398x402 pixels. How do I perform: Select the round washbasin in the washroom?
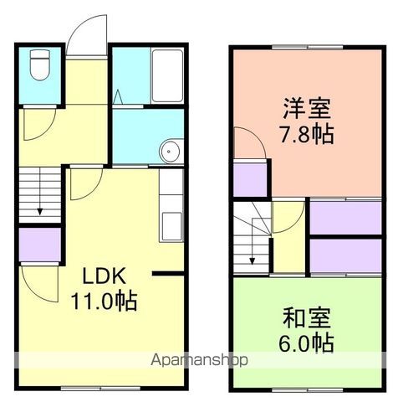tap(170, 152)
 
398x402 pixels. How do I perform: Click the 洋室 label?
tap(306, 110)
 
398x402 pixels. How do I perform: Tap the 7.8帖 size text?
tap(306, 134)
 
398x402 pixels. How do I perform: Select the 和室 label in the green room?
tap(306, 318)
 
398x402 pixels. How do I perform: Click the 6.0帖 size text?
tap(306, 343)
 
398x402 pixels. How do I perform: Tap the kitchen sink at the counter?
tap(172, 224)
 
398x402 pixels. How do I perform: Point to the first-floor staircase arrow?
tap(36, 201)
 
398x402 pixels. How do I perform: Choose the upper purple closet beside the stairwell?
tap(344, 216)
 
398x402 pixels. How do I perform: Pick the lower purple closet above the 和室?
tap(344, 255)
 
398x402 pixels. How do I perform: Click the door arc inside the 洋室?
tap(249, 142)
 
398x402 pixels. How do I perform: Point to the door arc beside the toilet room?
tap(38, 126)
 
